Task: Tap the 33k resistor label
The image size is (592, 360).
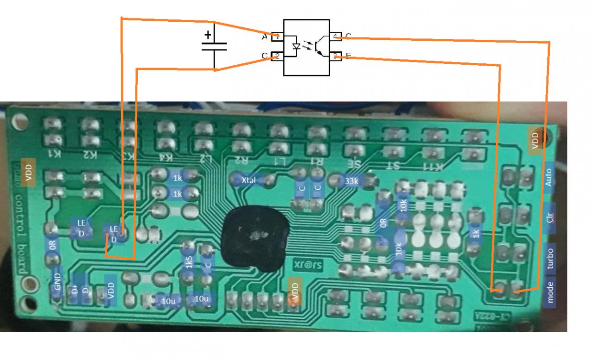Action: (x=351, y=181)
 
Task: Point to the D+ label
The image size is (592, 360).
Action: (x=74, y=290)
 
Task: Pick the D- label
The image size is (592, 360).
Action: (x=85, y=290)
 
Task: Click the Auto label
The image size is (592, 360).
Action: (x=549, y=178)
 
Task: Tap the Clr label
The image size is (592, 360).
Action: (x=549, y=218)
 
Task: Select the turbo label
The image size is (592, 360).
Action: (x=550, y=258)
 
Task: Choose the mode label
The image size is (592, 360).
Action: (x=550, y=292)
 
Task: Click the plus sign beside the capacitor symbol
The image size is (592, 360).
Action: (x=208, y=34)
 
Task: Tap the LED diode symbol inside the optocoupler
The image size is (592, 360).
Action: (x=296, y=47)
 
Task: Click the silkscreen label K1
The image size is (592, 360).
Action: (x=55, y=154)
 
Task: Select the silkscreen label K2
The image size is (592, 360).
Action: (x=90, y=154)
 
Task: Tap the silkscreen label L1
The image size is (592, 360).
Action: (x=279, y=161)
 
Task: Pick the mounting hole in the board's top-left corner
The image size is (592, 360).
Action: (x=19, y=122)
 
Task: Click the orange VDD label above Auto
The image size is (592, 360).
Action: (x=536, y=140)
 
